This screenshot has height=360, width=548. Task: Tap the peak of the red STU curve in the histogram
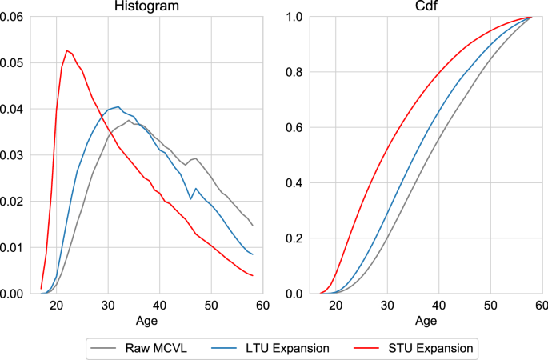click(66, 51)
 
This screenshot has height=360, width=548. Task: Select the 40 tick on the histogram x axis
click(159, 306)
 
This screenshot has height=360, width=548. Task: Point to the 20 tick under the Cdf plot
click(335, 306)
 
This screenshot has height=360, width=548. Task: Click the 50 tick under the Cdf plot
click(490, 306)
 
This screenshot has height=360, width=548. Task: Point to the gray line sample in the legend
click(104, 348)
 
